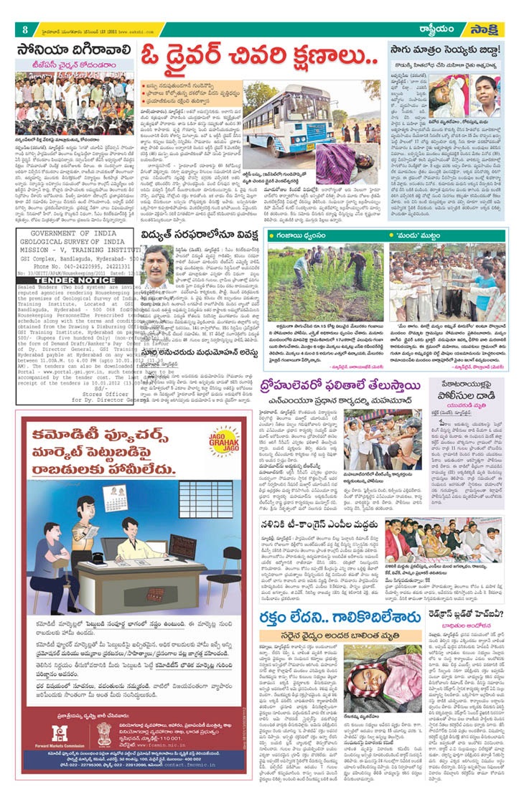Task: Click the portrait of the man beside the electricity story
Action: pos(157,269)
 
